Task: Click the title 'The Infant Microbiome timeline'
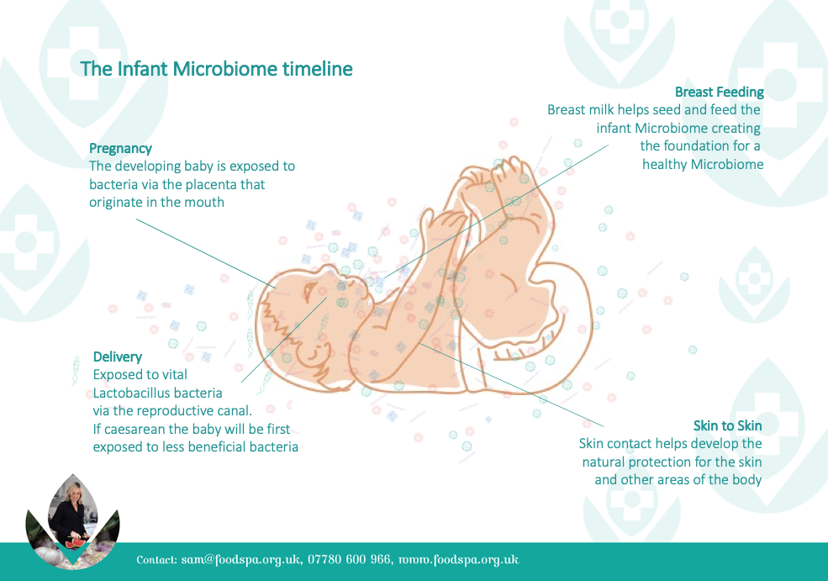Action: [x=217, y=69]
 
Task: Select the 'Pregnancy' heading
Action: [x=120, y=149]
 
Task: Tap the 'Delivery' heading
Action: [x=117, y=357]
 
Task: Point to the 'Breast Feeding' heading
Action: [x=720, y=92]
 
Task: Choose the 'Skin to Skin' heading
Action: [x=728, y=425]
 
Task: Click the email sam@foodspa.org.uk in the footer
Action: [x=241, y=560]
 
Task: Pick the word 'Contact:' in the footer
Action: [x=156, y=560]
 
